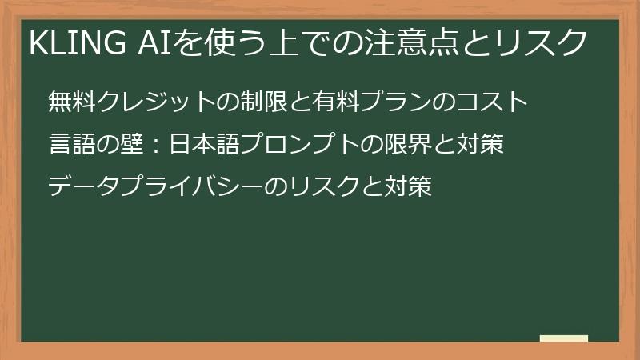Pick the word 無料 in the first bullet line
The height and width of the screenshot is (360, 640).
click(71, 102)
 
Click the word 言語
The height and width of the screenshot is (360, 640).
click(71, 145)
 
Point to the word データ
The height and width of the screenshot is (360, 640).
click(82, 187)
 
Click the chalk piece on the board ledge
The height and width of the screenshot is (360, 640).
click(564, 339)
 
